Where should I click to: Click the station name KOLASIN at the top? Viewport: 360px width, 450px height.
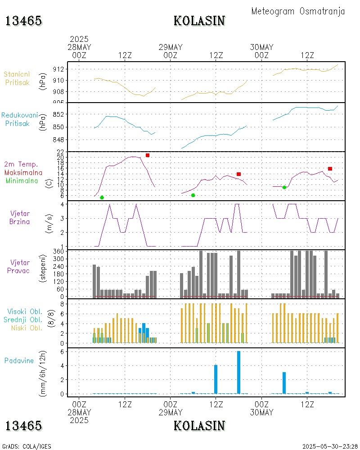(199, 21)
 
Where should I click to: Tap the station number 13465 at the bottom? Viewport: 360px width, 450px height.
(23, 426)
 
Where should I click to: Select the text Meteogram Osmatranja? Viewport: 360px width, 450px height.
(298, 11)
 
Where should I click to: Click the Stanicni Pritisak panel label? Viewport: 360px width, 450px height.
(17, 78)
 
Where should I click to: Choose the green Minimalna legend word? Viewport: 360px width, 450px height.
(22, 181)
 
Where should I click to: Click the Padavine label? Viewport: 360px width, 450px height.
(19, 360)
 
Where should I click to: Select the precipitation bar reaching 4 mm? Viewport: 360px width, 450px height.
(216, 379)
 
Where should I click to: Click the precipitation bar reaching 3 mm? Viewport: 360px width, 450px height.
(284, 383)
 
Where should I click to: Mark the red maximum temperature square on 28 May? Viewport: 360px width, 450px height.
(148, 155)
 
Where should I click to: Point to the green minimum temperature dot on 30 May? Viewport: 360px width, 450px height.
(284, 187)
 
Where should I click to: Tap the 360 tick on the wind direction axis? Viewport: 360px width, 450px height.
(58, 252)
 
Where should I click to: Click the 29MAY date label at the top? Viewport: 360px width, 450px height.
(171, 47)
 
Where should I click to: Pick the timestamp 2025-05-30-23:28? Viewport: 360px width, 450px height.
(330, 446)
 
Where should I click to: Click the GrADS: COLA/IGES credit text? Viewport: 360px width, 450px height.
(27, 446)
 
